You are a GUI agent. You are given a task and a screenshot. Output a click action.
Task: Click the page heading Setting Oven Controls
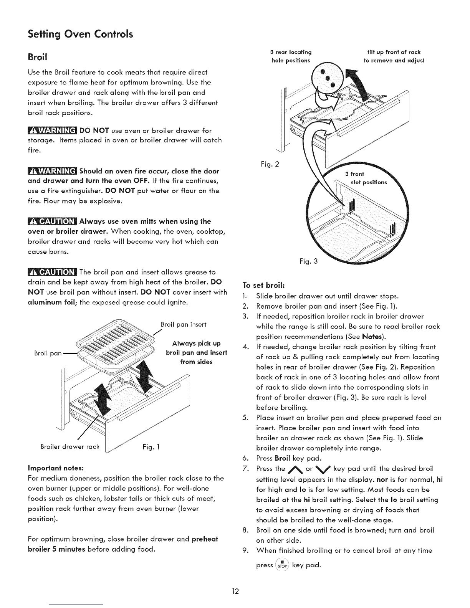point(80,35)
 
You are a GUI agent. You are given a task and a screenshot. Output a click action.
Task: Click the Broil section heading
point(38,57)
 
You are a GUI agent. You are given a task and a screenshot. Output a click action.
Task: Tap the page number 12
point(235,591)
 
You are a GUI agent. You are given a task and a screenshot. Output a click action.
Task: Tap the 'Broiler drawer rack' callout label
point(70,447)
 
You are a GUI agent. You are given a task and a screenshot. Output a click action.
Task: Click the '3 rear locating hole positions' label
point(291,56)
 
